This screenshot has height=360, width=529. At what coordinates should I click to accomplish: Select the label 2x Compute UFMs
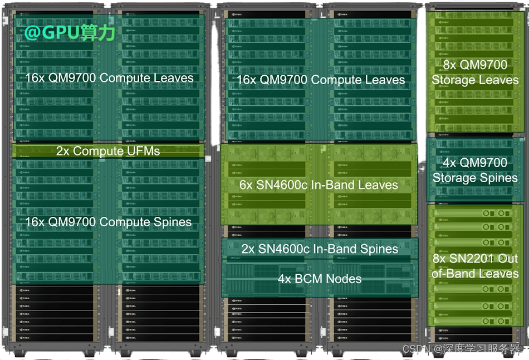[108, 151]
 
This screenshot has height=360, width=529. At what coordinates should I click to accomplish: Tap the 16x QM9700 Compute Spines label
[108, 222]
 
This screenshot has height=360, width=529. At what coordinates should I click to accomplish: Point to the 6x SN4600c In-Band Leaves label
[319, 185]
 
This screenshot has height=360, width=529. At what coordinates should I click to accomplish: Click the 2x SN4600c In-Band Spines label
[320, 249]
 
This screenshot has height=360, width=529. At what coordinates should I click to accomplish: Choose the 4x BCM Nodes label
[320, 279]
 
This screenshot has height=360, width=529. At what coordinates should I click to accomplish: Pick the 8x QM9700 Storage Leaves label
[475, 72]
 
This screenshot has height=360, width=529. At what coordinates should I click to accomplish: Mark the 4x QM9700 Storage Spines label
[475, 171]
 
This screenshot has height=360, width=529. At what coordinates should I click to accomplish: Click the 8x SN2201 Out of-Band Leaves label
[475, 266]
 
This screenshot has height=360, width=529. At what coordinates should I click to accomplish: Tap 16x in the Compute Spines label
[35, 222]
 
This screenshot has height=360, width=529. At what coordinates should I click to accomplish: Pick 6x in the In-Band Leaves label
[246, 185]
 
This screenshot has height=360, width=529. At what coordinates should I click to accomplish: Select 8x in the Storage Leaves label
[450, 65]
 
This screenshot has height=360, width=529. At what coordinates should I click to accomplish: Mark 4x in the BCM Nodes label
[285, 279]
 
